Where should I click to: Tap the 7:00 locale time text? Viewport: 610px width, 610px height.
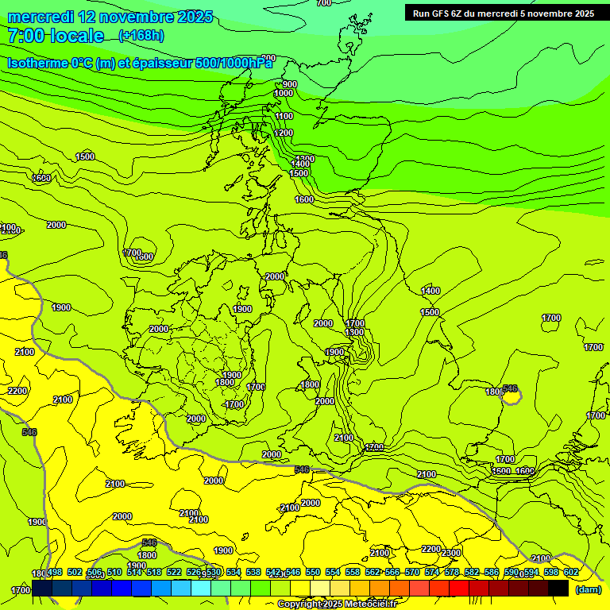(x=56, y=36)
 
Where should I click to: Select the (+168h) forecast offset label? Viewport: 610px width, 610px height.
(x=141, y=36)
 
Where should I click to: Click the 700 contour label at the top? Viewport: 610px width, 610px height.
(x=323, y=3)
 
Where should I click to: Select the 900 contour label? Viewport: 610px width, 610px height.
(x=289, y=84)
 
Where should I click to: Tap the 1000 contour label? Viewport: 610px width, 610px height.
(x=284, y=94)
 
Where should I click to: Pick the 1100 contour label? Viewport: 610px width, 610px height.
(x=284, y=116)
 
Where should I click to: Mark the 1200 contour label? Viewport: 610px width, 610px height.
(x=284, y=133)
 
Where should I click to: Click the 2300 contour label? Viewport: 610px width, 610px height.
(x=452, y=553)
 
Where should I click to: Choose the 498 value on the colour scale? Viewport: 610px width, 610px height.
(x=55, y=572)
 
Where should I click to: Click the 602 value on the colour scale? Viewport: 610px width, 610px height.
(x=571, y=572)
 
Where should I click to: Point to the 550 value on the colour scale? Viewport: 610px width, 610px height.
(x=313, y=572)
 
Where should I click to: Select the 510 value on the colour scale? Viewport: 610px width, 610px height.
(x=114, y=572)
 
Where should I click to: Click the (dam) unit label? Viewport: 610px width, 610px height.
(x=588, y=589)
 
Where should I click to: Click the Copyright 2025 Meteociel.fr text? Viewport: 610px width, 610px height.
(x=337, y=604)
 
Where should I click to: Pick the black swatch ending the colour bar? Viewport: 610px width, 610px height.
(x=558, y=588)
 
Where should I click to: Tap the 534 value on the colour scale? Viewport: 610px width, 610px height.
(x=234, y=572)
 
